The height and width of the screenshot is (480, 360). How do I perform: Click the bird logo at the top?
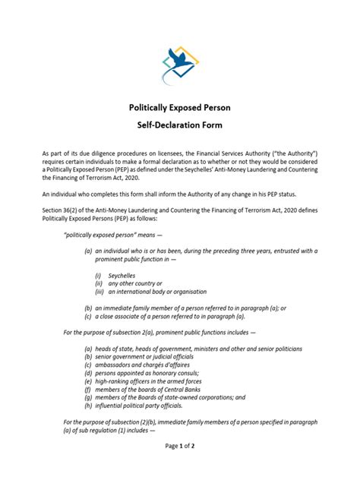click(180, 65)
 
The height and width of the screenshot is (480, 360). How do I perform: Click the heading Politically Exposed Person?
click(180, 109)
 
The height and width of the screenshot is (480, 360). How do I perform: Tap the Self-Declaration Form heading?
click(180, 128)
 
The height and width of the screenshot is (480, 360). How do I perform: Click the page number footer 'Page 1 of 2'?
click(180, 466)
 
